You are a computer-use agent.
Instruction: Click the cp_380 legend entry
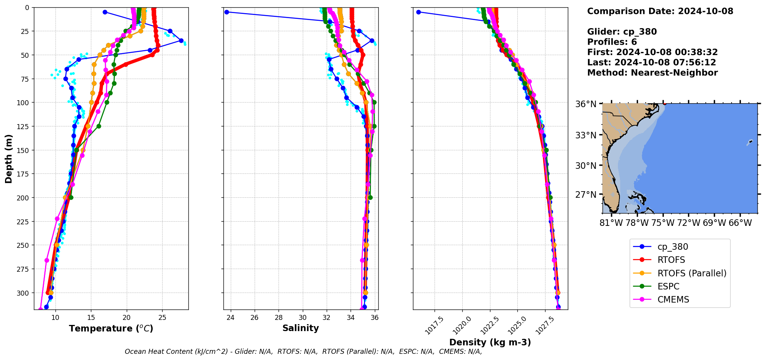(x=672, y=247)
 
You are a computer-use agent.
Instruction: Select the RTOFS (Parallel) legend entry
(x=692, y=273)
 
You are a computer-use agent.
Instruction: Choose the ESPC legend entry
(x=668, y=286)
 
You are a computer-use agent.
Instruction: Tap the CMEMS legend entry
(x=673, y=299)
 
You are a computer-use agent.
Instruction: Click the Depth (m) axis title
(x=9, y=158)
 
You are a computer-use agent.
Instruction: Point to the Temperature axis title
(x=111, y=328)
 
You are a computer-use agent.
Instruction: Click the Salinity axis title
(x=300, y=328)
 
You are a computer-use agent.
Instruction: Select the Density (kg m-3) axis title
(x=490, y=342)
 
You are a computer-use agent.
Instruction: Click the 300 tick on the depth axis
(x=22, y=293)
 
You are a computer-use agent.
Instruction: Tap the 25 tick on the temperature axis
(x=162, y=318)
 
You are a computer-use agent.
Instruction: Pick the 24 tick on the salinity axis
(x=230, y=318)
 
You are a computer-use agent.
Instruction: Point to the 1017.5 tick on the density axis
(x=434, y=326)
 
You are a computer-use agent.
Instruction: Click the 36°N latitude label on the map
(x=586, y=104)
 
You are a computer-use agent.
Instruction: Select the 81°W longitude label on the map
(x=611, y=223)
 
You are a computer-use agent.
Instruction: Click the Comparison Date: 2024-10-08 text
(x=660, y=11)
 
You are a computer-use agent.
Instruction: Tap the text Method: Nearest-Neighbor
(x=652, y=73)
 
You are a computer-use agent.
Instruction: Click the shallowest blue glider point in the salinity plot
(x=227, y=12)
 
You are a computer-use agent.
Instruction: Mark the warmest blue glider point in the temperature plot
(x=181, y=40)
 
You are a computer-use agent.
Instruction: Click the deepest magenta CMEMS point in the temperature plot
(x=40, y=309)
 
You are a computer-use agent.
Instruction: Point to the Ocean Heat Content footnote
(x=303, y=352)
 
